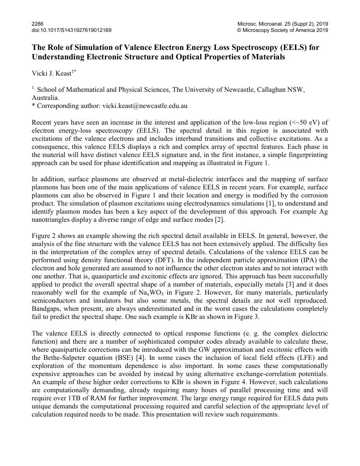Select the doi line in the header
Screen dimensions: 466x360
click(72, 30)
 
